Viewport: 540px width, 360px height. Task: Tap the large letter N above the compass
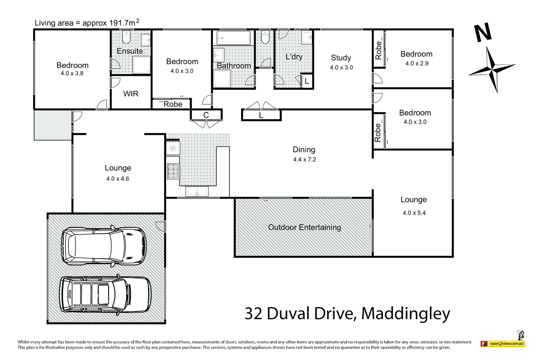(483, 33)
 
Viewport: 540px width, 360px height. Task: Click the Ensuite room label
(130, 51)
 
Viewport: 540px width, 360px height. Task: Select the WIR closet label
(131, 94)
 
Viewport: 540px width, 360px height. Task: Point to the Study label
(341, 58)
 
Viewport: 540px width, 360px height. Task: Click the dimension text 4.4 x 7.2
(304, 160)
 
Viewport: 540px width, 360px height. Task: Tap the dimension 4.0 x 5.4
(414, 213)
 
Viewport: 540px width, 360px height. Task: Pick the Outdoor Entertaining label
(304, 227)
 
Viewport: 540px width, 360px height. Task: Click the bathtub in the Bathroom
(234, 37)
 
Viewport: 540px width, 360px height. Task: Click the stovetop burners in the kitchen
(173, 171)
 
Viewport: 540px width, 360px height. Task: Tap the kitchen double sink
(197, 191)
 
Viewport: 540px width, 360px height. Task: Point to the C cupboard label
(206, 115)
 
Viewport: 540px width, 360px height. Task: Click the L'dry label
(294, 57)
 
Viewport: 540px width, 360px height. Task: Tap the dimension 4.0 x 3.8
(72, 73)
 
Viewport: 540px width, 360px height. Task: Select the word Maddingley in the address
(406, 313)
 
